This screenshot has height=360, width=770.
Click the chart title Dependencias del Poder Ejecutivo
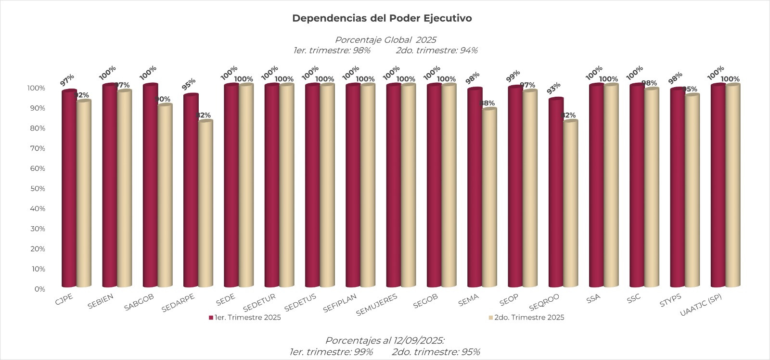(x=382, y=18)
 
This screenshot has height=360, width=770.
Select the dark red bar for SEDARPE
(x=191, y=193)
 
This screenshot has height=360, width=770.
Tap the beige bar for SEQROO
(x=570, y=205)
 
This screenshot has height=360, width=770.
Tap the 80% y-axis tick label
(x=37, y=129)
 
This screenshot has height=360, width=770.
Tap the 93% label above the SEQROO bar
(x=553, y=88)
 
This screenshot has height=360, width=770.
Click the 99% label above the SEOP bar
(x=513, y=76)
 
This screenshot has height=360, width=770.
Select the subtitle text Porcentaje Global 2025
(x=385, y=40)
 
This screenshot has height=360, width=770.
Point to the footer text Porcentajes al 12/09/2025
(x=385, y=341)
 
